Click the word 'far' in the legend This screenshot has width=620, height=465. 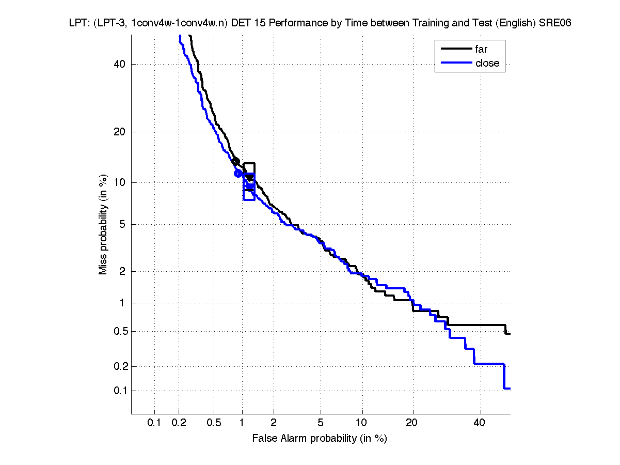click(x=481, y=50)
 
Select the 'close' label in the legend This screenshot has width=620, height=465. click(x=487, y=63)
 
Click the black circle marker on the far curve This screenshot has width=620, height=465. click(x=236, y=162)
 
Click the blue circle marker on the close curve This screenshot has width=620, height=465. click(x=238, y=173)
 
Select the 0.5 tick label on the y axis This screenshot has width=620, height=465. click(x=119, y=331)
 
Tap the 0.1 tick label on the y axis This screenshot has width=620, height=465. click(x=119, y=391)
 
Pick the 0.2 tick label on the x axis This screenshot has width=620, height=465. click(x=179, y=423)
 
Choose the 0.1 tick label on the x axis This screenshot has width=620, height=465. click(x=154, y=423)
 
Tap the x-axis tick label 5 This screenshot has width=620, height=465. click(x=321, y=423)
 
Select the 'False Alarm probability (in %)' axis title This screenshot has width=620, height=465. click(x=320, y=439)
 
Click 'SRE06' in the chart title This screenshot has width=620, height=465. click(x=554, y=23)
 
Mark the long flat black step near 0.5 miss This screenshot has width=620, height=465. click(x=475, y=325)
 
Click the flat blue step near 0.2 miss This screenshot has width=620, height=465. click(x=488, y=364)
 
